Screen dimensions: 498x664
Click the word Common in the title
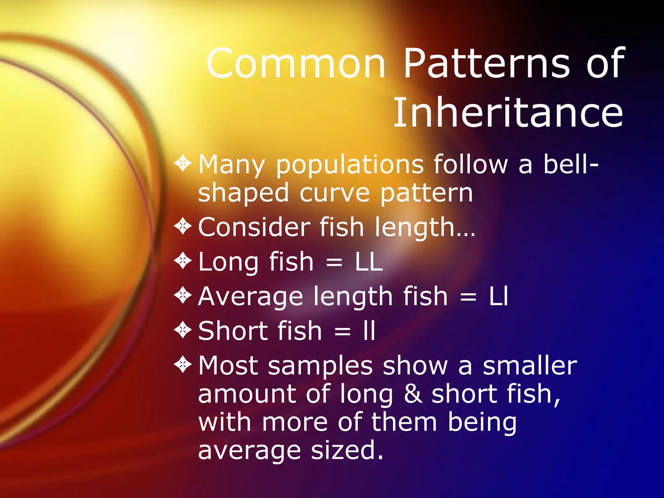pos(296,63)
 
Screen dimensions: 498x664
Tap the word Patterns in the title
pos(486,63)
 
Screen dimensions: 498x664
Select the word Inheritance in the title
pos(508,113)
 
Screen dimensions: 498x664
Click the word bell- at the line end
pos(571,164)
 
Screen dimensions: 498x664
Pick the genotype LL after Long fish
pos(369,262)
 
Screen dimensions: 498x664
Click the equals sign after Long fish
pos(334,263)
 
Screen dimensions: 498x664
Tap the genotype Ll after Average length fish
pos(498,296)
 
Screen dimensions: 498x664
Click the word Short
pos(260,331)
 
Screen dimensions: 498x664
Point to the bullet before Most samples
pos(183,365)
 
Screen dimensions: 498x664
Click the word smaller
pos(530,366)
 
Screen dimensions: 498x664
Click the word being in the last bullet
pos(482,422)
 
